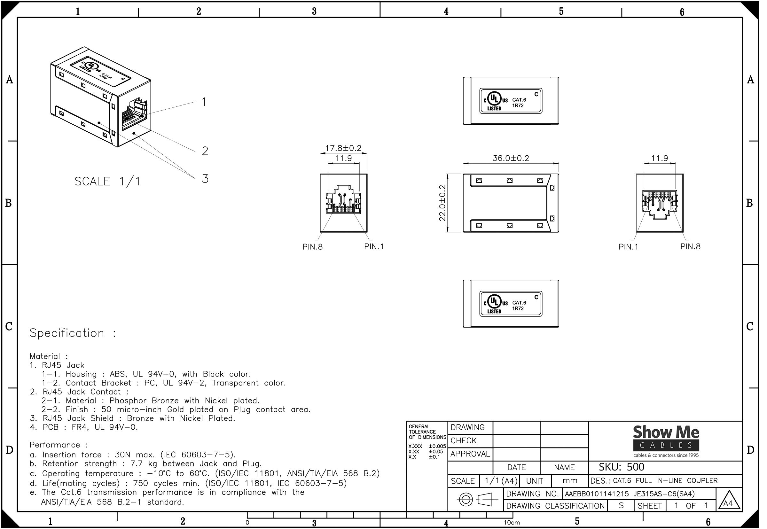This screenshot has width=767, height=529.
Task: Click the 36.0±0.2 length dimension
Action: tap(511, 158)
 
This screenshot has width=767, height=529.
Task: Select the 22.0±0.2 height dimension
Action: tap(442, 203)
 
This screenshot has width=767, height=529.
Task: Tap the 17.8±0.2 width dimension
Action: tap(343, 148)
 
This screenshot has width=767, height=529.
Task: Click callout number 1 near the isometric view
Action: tap(204, 102)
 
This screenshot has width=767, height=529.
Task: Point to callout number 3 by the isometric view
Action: tap(205, 179)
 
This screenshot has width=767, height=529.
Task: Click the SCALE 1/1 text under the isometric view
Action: tap(107, 181)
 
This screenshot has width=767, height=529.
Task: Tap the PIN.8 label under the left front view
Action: tap(312, 247)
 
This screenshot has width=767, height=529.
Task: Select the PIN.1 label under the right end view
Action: tap(628, 247)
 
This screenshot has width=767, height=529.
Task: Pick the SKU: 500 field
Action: tap(621, 467)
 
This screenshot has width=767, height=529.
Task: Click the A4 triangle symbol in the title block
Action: tap(728, 501)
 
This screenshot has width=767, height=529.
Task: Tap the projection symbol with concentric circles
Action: tap(466, 500)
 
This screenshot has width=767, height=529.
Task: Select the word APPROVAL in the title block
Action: tap(470, 454)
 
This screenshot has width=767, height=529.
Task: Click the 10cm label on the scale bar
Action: tap(512, 523)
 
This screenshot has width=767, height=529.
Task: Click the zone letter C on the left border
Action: tap(9, 326)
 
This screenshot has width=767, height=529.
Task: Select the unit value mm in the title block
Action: tap(570, 480)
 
